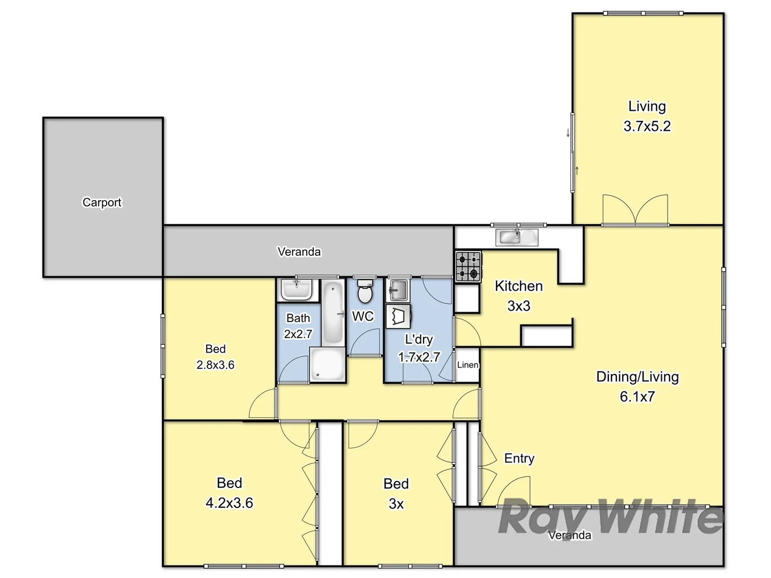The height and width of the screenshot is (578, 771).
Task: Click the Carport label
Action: (x=102, y=202)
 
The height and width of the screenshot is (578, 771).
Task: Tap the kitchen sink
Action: (x=517, y=236)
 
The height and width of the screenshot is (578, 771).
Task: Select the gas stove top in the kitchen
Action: (x=468, y=267)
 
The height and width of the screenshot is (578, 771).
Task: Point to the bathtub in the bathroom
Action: (x=333, y=313)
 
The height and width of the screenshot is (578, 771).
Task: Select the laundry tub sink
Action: (x=397, y=291)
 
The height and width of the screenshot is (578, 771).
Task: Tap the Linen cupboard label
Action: (x=467, y=365)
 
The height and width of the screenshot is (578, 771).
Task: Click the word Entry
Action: (x=519, y=458)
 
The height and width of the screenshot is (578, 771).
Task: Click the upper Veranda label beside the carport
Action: (x=299, y=252)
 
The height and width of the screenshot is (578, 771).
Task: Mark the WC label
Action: (x=362, y=316)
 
